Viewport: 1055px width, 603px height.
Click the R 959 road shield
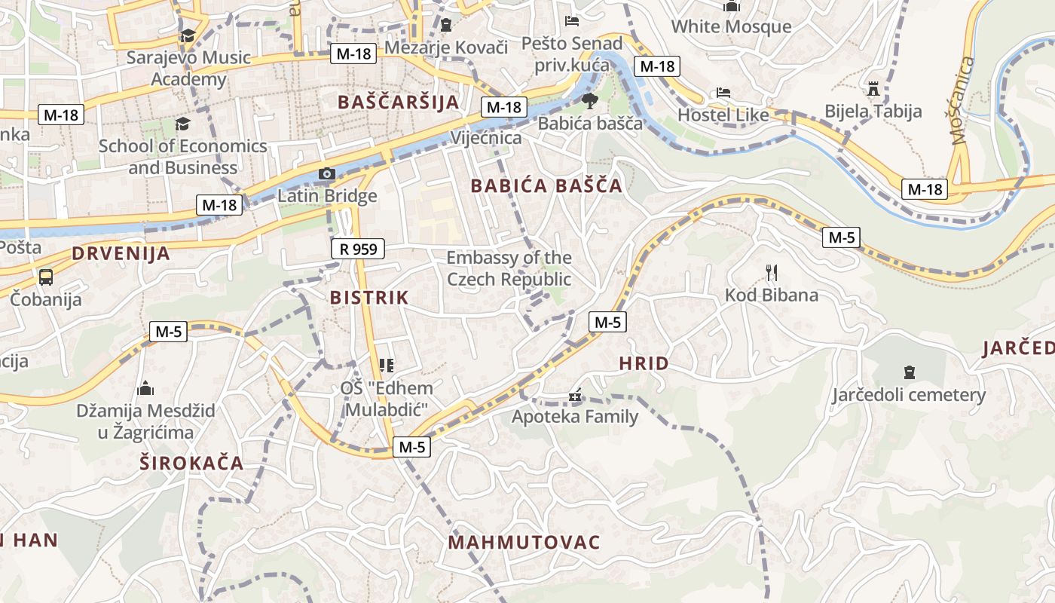pyautogui.click(x=358, y=248)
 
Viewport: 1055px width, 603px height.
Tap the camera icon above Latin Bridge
pyautogui.click(x=326, y=174)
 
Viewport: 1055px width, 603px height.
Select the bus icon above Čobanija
pyautogui.click(x=46, y=277)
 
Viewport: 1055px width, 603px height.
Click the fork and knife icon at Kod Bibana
pyautogui.click(x=771, y=272)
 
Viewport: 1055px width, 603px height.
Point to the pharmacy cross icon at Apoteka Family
pyautogui.click(x=575, y=396)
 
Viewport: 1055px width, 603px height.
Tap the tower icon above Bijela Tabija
pyautogui.click(x=873, y=89)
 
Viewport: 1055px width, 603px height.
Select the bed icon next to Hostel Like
pyautogui.click(x=723, y=93)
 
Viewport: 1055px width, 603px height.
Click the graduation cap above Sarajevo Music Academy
pyautogui.click(x=188, y=35)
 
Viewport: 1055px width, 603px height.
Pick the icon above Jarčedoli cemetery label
pyautogui.click(x=909, y=372)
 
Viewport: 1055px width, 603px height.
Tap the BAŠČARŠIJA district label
pyautogui.click(x=399, y=103)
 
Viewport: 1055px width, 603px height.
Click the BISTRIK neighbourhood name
pyautogui.click(x=369, y=298)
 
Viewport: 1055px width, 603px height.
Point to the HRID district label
pyautogui.click(x=644, y=363)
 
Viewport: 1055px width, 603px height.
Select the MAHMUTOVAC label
pyautogui.click(x=524, y=543)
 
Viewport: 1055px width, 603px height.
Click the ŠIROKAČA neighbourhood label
pyautogui.click(x=191, y=463)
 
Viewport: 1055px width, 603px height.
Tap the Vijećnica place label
pyautogui.click(x=486, y=138)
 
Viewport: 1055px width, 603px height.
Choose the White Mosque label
pyautogui.click(x=731, y=26)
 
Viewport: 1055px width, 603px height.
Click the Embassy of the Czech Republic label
pyautogui.click(x=509, y=268)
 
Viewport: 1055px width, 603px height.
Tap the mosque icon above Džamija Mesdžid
pyautogui.click(x=145, y=389)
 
